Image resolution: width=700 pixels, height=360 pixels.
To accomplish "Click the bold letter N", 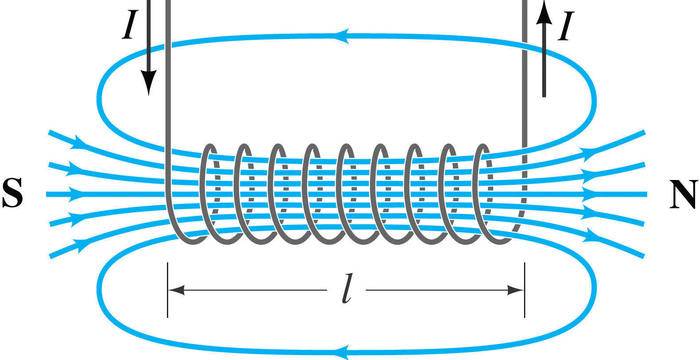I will [682, 195].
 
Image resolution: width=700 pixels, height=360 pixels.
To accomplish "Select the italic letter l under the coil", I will [345, 292].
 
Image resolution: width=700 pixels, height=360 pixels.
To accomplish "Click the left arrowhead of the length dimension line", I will [177, 291].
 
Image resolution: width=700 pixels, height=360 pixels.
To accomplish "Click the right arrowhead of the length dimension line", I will [515, 291].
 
